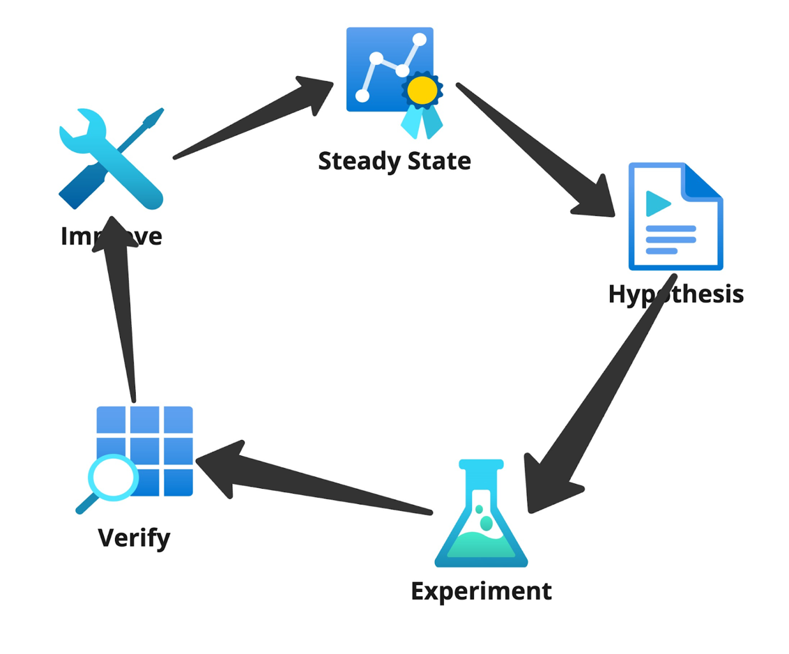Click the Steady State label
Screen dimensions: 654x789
[x=394, y=161]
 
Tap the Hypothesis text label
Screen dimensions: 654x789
[x=675, y=294]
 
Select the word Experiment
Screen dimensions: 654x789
[x=481, y=591]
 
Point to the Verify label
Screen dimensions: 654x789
[x=134, y=538]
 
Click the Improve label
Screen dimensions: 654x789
[x=112, y=236]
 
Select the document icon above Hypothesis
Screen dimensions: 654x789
[x=675, y=216]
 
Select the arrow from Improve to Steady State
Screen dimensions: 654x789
[x=258, y=116]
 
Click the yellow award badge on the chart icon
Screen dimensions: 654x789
[x=422, y=90]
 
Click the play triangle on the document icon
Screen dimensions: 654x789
[x=657, y=204]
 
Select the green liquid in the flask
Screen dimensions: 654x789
[x=481, y=544]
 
